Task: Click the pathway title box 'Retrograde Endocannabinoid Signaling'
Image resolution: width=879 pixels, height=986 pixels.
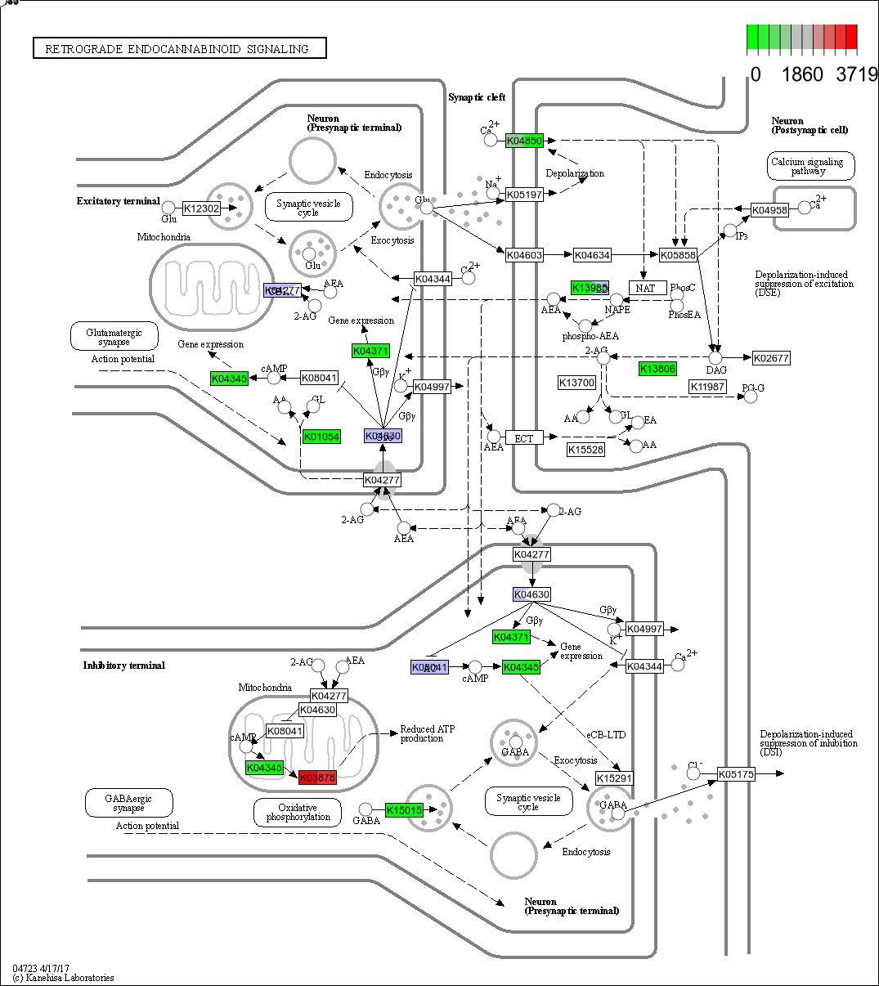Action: click(x=179, y=49)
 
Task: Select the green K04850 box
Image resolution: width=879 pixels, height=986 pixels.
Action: click(x=524, y=141)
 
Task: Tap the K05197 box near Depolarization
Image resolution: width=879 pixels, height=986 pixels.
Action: click(x=524, y=195)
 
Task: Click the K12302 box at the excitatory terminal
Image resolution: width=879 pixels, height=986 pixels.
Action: click(x=201, y=208)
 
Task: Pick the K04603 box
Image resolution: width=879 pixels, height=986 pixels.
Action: click(x=524, y=255)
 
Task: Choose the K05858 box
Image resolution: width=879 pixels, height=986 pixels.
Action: click(x=678, y=255)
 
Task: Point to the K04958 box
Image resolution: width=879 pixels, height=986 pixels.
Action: click(x=769, y=210)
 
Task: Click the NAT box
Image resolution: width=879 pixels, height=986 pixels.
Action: click(x=648, y=288)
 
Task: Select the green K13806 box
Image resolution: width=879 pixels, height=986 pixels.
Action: click(x=657, y=369)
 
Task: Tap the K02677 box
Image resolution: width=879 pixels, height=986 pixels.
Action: click(x=770, y=357)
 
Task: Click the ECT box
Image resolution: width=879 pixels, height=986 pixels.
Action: click(x=524, y=438)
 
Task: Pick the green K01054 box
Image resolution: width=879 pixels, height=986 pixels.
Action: click(x=321, y=437)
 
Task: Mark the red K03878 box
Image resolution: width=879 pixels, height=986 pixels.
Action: click(x=317, y=778)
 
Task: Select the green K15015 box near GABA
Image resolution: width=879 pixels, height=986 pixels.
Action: click(x=404, y=810)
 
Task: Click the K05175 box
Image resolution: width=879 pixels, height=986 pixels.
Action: click(x=736, y=773)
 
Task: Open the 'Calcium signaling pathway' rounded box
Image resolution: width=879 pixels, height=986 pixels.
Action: click(x=811, y=166)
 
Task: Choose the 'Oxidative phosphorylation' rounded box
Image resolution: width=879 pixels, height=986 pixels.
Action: click(x=297, y=812)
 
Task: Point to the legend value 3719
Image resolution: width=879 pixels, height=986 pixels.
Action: click(x=856, y=74)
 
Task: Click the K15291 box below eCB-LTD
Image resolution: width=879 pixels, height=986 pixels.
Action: click(x=614, y=778)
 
